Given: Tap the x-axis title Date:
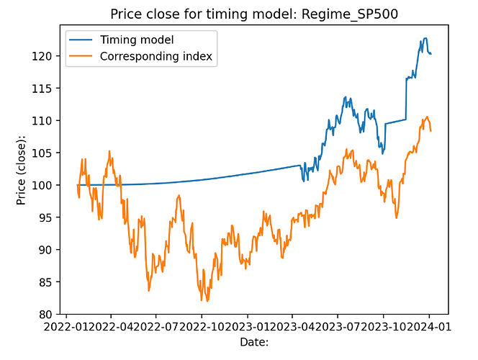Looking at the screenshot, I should [254, 343].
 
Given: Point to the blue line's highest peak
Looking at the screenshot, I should [425, 38].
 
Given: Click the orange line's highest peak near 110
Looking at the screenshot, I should [427, 117].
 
